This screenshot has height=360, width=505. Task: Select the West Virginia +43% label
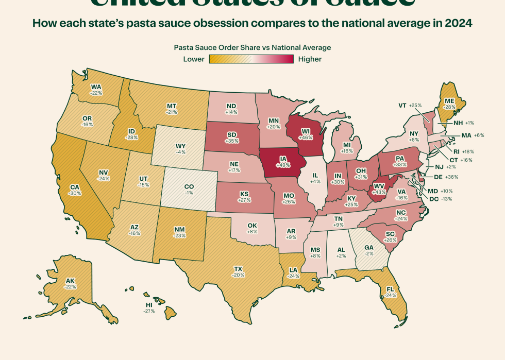click(379, 188)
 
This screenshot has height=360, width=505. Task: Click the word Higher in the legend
click(310, 59)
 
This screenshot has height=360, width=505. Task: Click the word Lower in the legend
click(194, 59)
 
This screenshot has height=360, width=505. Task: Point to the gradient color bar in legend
click(251, 59)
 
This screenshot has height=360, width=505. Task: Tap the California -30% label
click(75, 189)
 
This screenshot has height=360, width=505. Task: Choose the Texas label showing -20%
click(238, 271)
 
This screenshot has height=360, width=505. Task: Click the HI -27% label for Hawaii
click(149, 307)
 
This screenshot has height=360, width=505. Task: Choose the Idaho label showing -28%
click(131, 134)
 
